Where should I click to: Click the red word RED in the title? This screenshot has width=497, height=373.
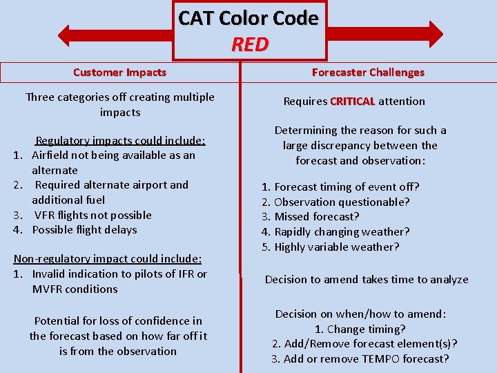249,44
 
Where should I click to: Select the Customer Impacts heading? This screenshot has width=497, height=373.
119,72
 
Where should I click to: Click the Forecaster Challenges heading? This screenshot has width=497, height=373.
368,72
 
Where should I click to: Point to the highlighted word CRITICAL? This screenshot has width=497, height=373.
352,101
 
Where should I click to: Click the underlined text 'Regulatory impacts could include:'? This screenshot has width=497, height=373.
120,141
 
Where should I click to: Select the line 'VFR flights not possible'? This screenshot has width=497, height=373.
92,215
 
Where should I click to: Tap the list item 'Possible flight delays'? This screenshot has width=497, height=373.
84,230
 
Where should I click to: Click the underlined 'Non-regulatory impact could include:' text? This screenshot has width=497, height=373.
108,259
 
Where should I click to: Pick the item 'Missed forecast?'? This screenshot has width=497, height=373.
317,217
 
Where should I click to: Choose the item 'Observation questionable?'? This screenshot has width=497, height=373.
342,202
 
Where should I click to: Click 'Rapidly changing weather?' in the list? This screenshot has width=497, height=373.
342,232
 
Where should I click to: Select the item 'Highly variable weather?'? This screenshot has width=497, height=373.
337,247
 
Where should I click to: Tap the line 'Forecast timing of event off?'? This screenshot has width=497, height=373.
347,186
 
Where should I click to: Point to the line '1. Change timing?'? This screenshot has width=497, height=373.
360,329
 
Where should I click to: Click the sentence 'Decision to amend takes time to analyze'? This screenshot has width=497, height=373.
367,280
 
